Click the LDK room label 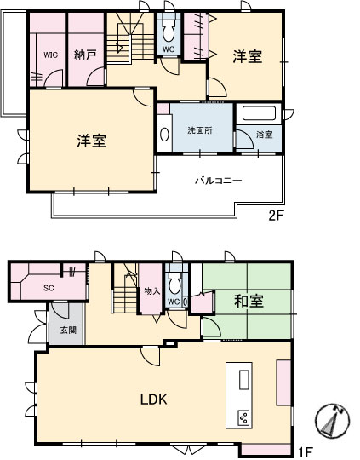tap(153, 400)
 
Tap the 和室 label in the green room tap(249, 301)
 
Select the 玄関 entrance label tap(69, 330)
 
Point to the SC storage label tap(49, 288)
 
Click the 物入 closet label tap(152, 291)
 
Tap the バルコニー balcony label tap(219, 180)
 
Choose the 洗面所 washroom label tap(200, 130)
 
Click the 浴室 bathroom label tap(265, 135)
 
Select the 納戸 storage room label tap(85, 55)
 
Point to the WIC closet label tap(51, 55)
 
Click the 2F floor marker tap(276, 216)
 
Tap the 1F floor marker tap(306, 452)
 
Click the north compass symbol tap(333, 419)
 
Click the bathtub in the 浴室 tap(260, 113)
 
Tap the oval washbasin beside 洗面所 tap(164, 135)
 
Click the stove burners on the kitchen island tap(244, 417)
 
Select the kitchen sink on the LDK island tap(244, 380)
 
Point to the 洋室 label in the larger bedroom tap(92, 141)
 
